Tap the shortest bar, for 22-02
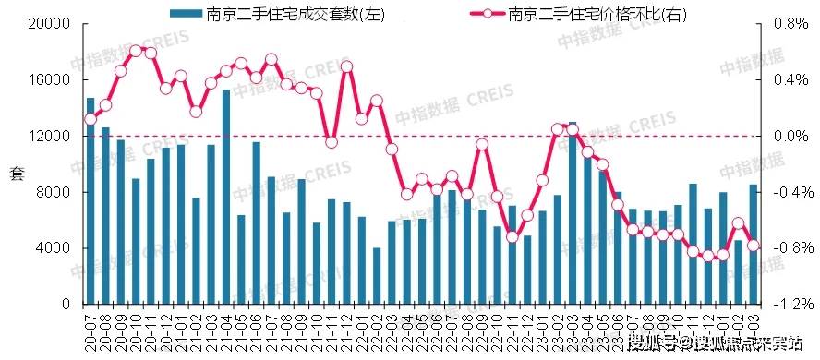[x=377, y=276]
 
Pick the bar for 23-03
[x=573, y=213]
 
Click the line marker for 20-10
[x=136, y=51]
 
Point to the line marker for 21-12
[x=346, y=66]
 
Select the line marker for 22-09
[x=482, y=144]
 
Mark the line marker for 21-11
[x=332, y=141]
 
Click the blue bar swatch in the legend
[x=184, y=12]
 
